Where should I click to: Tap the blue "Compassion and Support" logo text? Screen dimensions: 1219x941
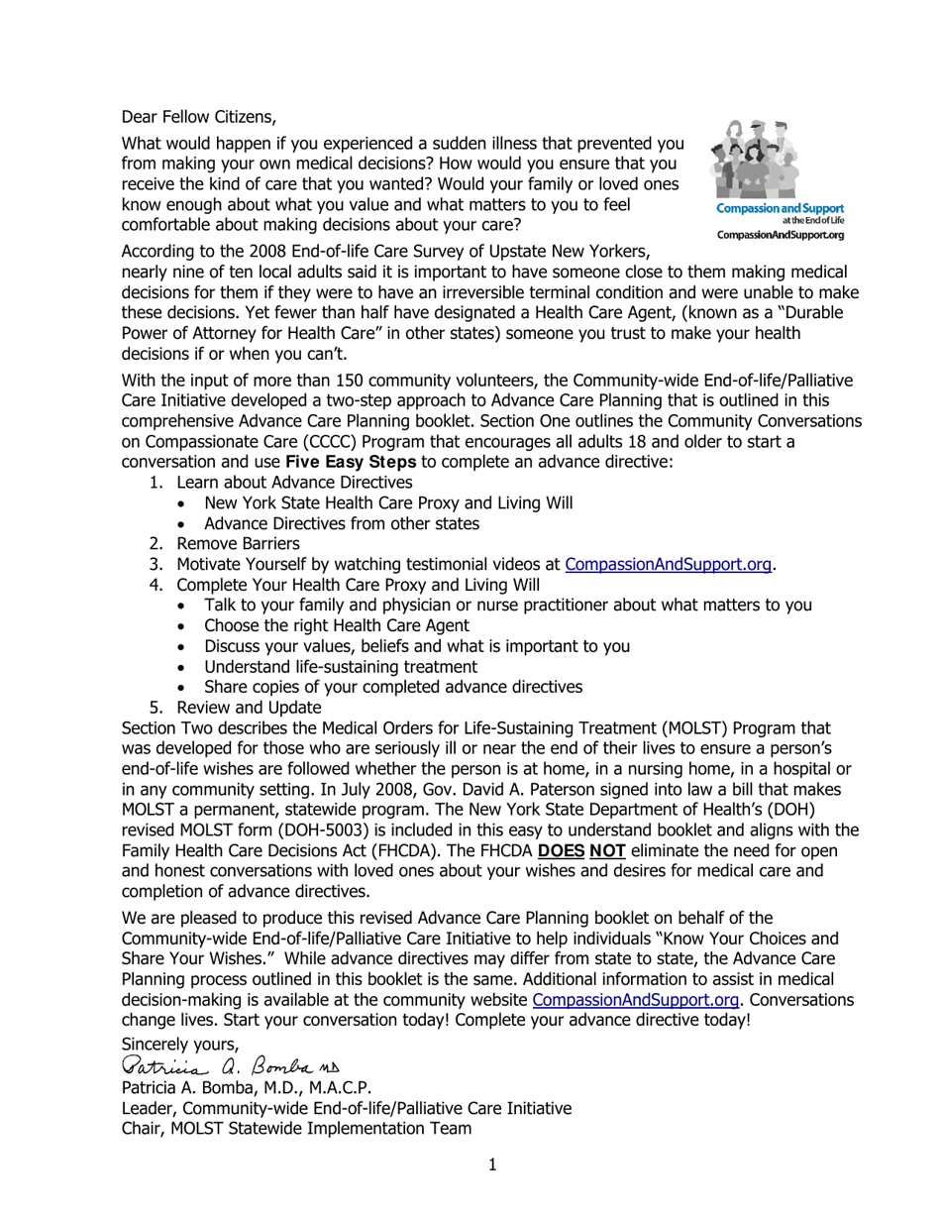coord(780,208)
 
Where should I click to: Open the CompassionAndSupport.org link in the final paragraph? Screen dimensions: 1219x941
coord(635,1000)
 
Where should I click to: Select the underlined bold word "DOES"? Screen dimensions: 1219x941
coord(561,851)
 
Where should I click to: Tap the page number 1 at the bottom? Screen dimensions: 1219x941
coord(492,1164)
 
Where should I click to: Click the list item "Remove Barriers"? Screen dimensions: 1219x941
coord(238,544)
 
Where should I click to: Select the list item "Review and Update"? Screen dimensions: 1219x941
coord(249,708)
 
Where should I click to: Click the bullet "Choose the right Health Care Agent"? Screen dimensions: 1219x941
coord(337,625)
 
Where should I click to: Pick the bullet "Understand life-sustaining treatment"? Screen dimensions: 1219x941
coord(340,667)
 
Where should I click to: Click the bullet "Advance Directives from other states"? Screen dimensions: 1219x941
coord(342,523)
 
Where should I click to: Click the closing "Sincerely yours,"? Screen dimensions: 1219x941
coord(180,1044)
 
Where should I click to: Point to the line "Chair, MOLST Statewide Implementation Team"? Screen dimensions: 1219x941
coord(296,1128)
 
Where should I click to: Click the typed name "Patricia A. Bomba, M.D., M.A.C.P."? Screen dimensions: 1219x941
coord(247,1087)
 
